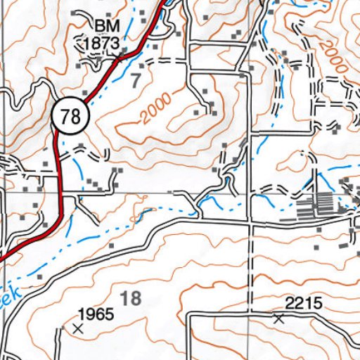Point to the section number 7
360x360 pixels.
[x=136, y=79]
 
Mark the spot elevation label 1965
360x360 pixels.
[x=96, y=314]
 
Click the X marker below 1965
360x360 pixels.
[x=77, y=328]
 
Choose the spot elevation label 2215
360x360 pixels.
[x=303, y=303]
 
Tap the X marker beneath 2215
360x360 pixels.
[x=278, y=319]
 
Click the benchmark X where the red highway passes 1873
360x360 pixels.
[x=124, y=53]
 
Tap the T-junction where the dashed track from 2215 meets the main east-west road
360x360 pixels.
[x=250, y=224]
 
